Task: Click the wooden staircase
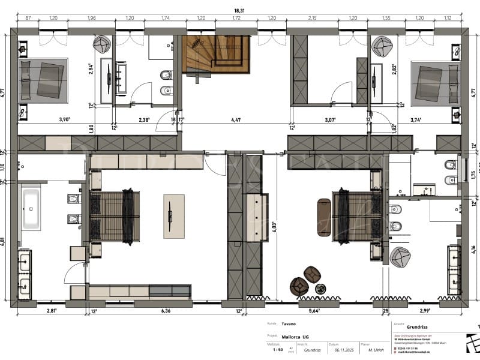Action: click(x=215, y=55)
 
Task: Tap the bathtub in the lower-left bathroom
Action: click(x=32, y=209)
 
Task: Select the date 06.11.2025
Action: click(x=343, y=349)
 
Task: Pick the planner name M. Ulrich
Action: click(x=377, y=349)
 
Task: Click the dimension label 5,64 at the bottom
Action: click(x=314, y=311)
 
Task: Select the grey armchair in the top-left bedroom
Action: click(x=103, y=44)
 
